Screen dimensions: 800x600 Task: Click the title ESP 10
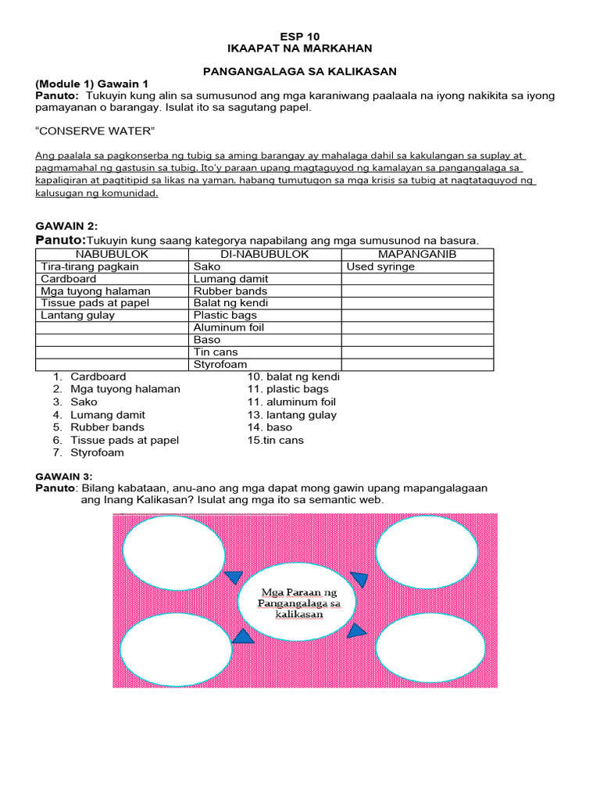click(300, 37)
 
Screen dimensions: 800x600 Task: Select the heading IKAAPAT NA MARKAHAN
click(300, 48)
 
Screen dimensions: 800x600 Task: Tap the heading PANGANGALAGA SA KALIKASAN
click(300, 71)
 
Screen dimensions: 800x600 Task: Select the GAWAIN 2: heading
click(66, 226)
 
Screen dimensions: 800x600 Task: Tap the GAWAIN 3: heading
click(64, 476)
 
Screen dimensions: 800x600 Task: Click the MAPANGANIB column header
click(417, 255)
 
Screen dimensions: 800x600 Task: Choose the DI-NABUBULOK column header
click(265, 255)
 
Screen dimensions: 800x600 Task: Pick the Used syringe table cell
click(380, 266)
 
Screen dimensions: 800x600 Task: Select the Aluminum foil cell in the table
click(229, 327)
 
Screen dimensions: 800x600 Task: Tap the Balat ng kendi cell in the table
click(230, 303)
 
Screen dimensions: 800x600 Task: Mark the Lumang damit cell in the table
click(230, 279)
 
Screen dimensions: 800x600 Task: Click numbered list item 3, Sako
click(84, 402)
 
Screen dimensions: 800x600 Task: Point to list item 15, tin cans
click(276, 440)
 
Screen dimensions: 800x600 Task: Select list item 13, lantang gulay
click(292, 415)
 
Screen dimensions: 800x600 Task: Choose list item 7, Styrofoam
click(97, 452)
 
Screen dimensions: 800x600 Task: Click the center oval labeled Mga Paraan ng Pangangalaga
click(296, 604)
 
